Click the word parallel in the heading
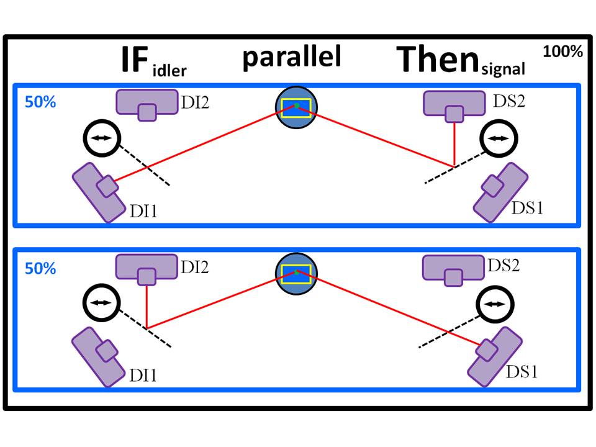pos(291,56)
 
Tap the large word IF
pos(135,61)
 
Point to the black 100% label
pos(562,52)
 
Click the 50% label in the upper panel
pos(40,103)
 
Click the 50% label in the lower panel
pos(40,269)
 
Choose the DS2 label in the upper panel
pos(507,101)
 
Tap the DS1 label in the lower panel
pos(521,372)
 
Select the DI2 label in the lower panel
pos(194,268)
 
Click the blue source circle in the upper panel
pos(297,107)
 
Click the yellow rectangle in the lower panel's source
pos(297,273)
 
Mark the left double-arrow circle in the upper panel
pos(101,139)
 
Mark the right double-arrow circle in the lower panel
pos(494,304)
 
